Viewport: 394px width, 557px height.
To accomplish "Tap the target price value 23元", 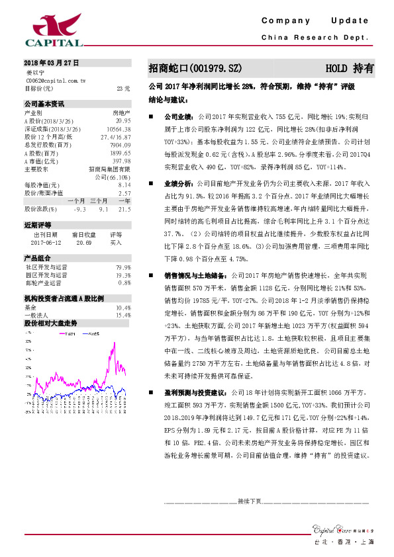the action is click(x=123, y=88).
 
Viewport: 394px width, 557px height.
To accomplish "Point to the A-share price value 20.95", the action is click(x=122, y=121).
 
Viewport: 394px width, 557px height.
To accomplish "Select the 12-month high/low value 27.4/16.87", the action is click(x=115, y=137).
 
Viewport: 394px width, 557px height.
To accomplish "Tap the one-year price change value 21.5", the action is click(x=124, y=209).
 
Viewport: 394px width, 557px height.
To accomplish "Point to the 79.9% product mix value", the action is click(x=123, y=267).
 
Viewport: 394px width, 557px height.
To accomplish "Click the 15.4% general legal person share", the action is click(x=123, y=316).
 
